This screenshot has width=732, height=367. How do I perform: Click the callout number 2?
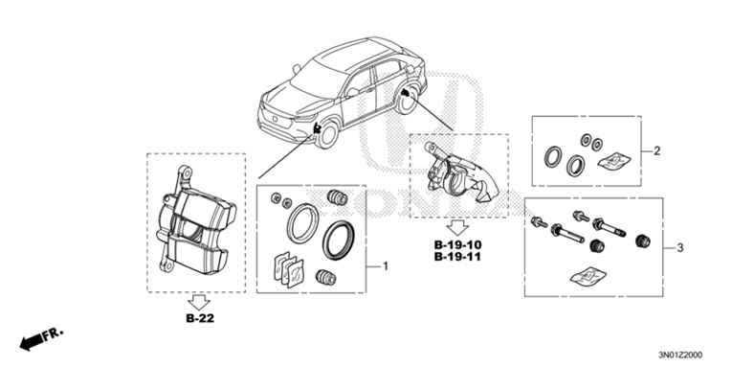click(656, 151)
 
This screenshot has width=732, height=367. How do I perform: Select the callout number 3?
click(679, 248)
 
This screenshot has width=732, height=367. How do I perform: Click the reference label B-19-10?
click(457, 245)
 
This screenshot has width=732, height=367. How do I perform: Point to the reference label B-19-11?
click(457, 259)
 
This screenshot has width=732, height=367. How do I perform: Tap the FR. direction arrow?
click(39, 337)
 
